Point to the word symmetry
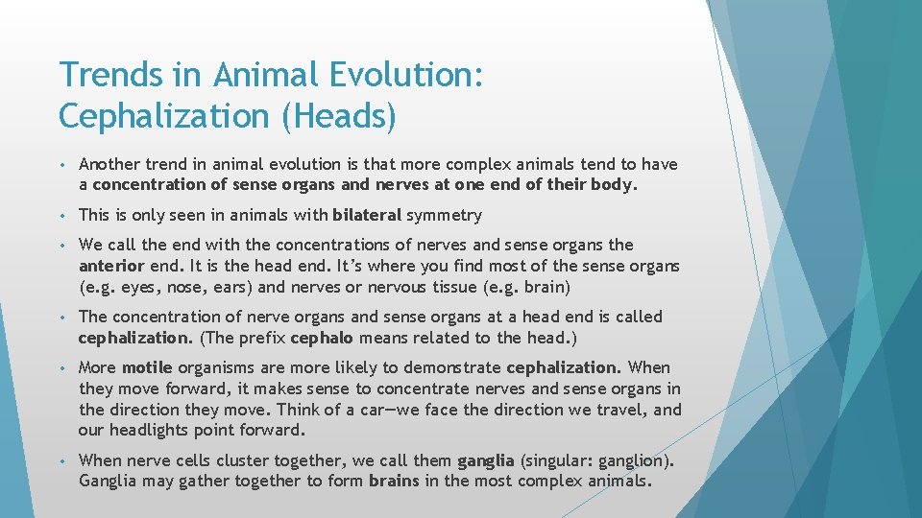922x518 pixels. click(x=446, y=215)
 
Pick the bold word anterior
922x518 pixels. click(x=111, y=266)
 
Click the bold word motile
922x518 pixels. click(x=147, y=367)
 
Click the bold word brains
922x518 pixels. click(x=394, y=481)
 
